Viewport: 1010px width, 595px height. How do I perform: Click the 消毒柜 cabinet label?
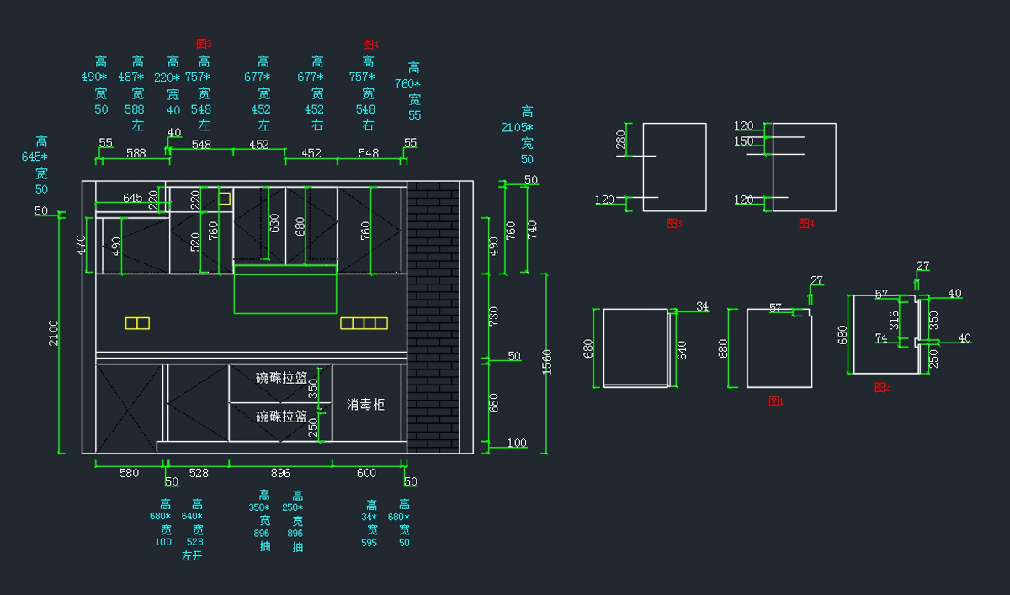coord(366,405)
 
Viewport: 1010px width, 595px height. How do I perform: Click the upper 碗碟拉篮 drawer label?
coord(281,378)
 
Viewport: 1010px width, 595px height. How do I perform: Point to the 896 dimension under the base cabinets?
coord(280,474)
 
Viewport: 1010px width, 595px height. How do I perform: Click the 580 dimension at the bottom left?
coord(129,474)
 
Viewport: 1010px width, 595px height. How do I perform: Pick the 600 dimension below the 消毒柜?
coord(366,474)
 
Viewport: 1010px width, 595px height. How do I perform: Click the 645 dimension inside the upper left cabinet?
coord(132,198)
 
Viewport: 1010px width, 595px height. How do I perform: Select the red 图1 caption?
coord(776,401)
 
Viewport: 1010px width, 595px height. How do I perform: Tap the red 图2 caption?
coord(882,388)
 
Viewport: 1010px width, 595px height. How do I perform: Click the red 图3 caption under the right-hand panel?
coord(673,224)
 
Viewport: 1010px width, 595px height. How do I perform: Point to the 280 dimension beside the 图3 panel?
coord(621,140)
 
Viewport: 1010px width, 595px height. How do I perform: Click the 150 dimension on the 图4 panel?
coord(744,141)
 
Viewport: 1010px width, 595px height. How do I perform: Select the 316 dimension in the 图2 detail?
coord(894,320)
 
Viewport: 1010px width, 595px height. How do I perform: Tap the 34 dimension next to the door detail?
coord(703,306)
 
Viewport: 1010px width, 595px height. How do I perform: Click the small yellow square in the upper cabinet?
coord(224,198)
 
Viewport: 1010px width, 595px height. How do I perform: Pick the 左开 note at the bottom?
coord(193,555)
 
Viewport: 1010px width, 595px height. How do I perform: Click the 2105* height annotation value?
coord(517,127)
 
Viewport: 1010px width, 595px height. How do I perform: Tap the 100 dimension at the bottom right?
coord(517,444)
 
